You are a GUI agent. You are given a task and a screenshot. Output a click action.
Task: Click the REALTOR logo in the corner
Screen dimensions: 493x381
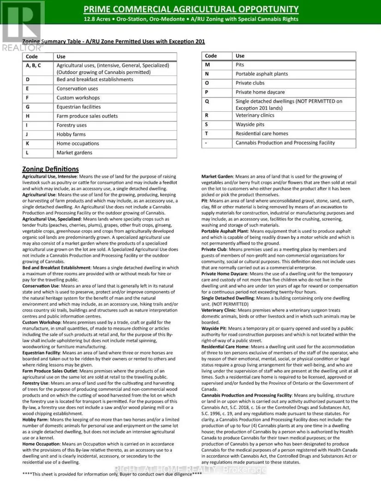pos(22,25)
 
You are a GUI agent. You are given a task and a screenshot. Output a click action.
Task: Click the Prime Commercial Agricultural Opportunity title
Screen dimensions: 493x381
pos(191,9)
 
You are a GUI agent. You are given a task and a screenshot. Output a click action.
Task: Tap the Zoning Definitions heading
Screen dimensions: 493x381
pos(50,169)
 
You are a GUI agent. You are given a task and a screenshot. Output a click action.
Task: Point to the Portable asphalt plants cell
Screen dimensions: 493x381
pos(261,74)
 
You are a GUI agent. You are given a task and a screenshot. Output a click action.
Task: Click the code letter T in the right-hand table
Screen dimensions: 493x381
pos(207,133)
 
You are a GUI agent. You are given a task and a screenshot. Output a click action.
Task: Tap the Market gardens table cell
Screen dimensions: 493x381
pos(74,152)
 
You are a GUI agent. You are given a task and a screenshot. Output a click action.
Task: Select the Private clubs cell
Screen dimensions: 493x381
pos(250,83)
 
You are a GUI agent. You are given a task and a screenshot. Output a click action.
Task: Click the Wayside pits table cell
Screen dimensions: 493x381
pos(250,125)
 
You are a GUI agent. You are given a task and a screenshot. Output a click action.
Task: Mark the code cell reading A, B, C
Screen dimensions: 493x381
pos(33,66)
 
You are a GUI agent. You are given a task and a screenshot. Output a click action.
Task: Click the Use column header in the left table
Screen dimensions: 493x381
pos(61,57)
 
